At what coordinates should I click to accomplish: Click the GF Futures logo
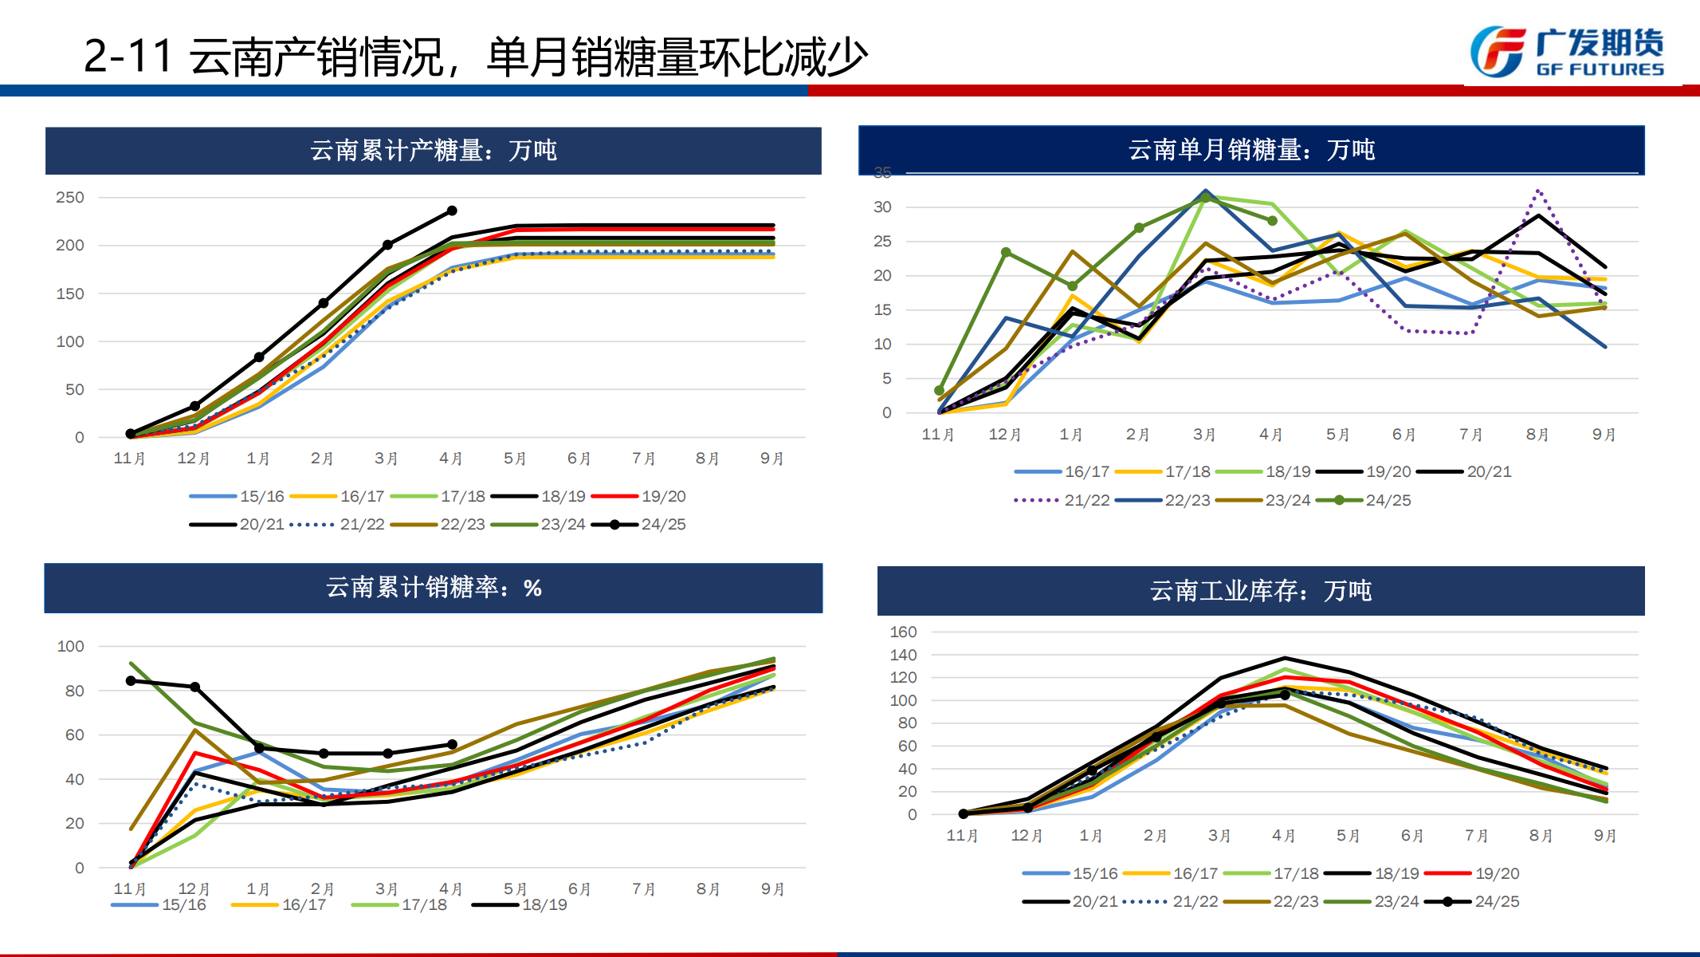tap(1567, 53)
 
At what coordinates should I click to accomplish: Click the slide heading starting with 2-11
tap(475, 57)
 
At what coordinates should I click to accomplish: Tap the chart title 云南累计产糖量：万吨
tap(434, 151)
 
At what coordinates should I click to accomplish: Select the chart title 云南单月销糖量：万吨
tap(1251, 150)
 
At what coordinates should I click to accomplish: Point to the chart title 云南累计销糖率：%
tap(434, 589)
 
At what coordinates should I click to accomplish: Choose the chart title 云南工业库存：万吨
tap(1261, 591)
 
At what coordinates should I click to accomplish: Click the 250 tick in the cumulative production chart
tap(70, 197)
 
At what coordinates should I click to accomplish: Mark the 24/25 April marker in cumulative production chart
tap(452, 211)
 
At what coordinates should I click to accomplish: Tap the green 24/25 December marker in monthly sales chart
tap(1006, 252)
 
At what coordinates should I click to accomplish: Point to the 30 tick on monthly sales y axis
tap(882, 207)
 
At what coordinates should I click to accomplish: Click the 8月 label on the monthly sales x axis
tap(1537, 435)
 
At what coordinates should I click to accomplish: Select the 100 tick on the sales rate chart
tap(70, 646)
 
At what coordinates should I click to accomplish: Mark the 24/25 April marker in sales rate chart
tap(452, 744)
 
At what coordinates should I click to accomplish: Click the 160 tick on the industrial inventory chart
tap(903, 632)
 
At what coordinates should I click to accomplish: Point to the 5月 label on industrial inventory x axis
tap(1348, 836)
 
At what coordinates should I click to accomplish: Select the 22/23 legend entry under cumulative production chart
tap(438, 525)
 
